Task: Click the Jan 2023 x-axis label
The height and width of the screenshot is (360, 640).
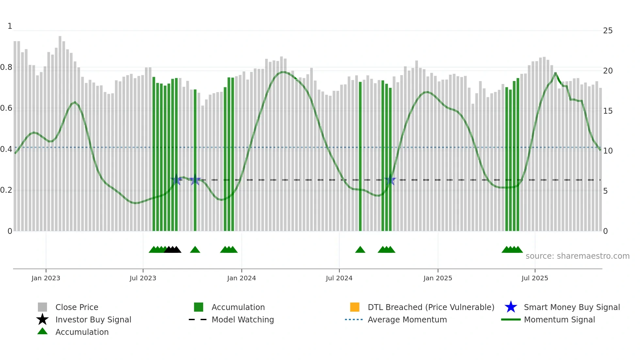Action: click(46, 278)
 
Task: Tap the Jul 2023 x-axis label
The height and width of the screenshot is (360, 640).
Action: click(143, 278)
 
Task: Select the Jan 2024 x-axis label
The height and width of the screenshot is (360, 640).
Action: click(241, 278)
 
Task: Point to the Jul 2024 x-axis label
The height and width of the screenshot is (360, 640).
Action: click(339, 278)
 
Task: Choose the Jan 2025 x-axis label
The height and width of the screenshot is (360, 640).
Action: click(438, 278)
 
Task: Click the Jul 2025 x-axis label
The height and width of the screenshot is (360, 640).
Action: click(535, 278)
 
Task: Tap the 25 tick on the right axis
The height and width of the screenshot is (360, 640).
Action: click(608, 31)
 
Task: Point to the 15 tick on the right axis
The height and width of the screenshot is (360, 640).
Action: click(608, 111)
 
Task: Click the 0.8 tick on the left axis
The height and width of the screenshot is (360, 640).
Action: click(6, 67)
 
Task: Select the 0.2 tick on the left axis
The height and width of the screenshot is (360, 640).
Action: click(6, 190)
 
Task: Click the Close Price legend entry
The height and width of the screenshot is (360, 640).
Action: click(77, 307)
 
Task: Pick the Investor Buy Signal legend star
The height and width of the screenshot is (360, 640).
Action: click(42, 319)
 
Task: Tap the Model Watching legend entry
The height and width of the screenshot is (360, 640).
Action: click(243, 319)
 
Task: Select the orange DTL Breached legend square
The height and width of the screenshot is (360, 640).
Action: click(355, 307)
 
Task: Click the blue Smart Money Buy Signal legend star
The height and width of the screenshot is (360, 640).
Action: click(511, 307)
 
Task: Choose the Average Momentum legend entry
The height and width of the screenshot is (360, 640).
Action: click(407, 319)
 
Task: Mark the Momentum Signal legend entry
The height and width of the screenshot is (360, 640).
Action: click(559, 319)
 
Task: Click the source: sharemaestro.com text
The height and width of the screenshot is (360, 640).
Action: click(577, 256)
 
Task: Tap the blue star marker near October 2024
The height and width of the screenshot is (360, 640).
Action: click(390, 180)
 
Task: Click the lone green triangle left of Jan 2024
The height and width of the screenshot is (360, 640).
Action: click(195, 250)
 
